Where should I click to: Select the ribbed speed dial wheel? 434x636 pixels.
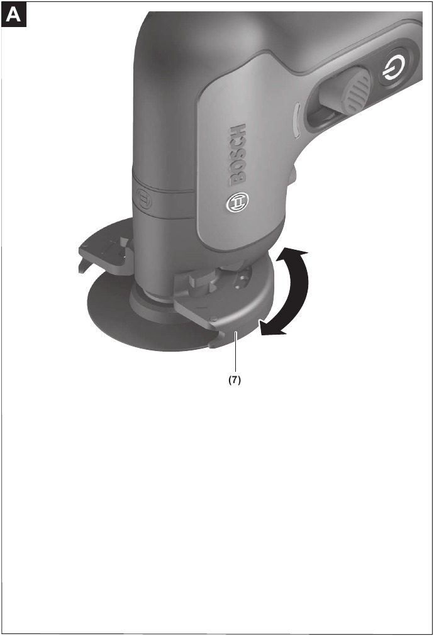coord(356,92)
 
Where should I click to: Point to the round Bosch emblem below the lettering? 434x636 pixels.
coord(238,201)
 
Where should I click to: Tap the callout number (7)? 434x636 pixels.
coord(234,380)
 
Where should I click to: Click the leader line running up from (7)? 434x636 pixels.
coord(235,352)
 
